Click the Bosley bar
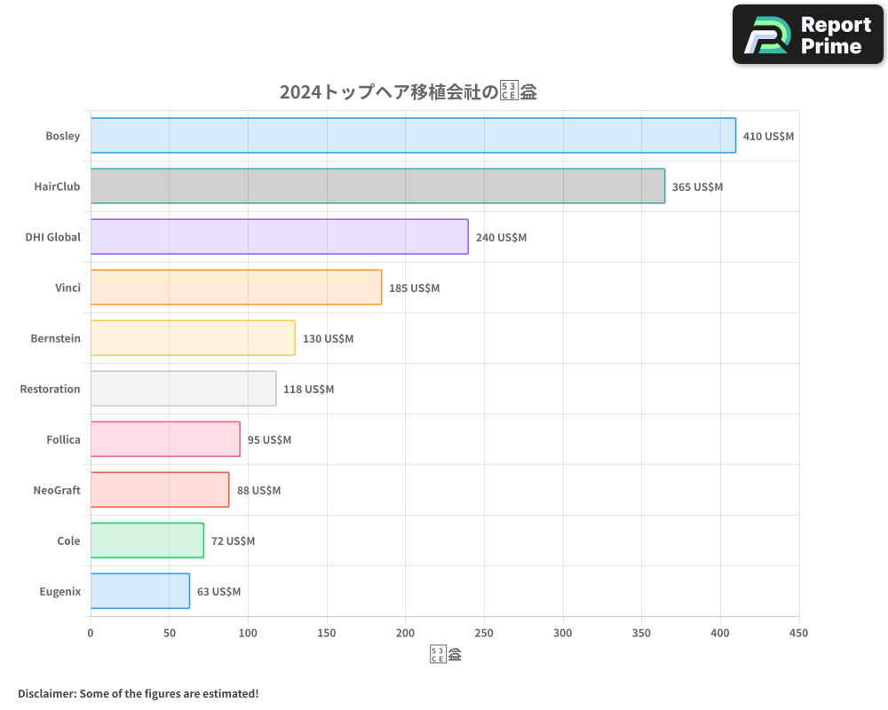pos(413,136)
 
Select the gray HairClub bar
pos(377,186)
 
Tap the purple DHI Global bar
pos(279,237)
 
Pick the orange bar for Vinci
pos(236,288)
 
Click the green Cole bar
pos(147,540)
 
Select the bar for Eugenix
pos(140,591)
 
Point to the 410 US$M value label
pos(768,137)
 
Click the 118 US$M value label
pos(308,390)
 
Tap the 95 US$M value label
pos(269,440)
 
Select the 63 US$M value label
pos(218,592)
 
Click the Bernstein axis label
pos(55,338)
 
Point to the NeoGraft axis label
pos(57,490)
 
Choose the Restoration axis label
pos(50,389)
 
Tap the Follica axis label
pos(63,439)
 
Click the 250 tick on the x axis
pos(484,633)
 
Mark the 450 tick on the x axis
pos(798,633)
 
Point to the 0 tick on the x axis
pos(91,633)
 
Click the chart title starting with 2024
pos(408,92)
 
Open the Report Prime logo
pos(807,35)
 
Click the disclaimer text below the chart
pos(138,693)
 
